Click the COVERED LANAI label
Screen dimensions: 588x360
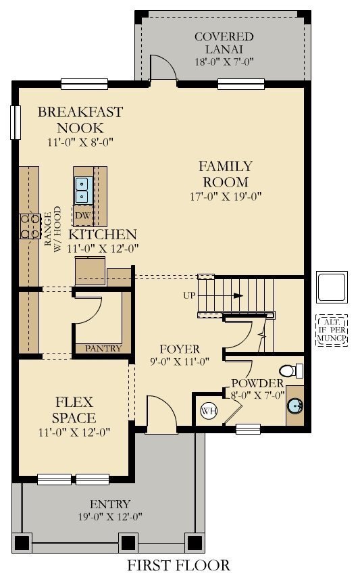click(224, 42)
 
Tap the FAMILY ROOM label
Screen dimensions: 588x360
click(225, 174)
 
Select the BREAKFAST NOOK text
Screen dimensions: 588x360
click(80, 119)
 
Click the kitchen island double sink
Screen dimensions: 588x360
click(82, 190)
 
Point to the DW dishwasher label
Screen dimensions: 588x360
click(82, 216)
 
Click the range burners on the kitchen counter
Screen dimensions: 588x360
click(30, 226)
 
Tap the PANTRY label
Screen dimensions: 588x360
click(103, 349)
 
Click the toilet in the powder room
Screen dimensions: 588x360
click(290, 371)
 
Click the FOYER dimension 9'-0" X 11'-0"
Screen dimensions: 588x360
click(174, 362)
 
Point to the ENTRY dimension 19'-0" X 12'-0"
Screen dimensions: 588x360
click(109, 517)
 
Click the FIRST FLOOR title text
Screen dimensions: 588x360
click(178, 565)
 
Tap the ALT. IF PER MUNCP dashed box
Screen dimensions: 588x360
click(331, 330)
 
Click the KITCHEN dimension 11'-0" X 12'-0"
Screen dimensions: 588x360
click(103, 248)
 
